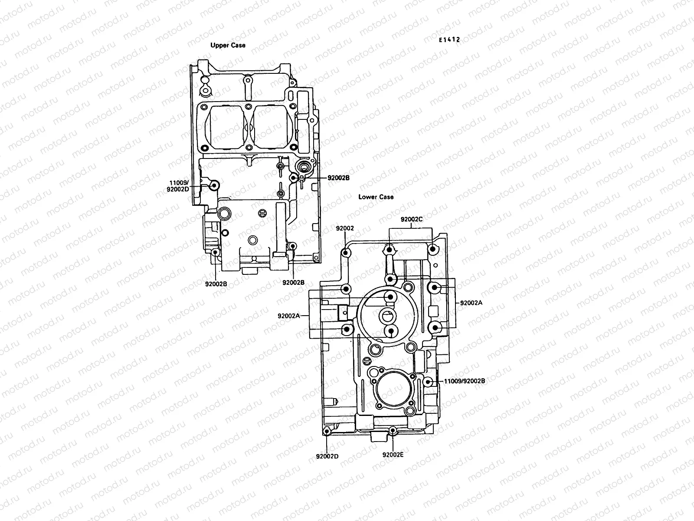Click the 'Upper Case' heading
pos(228,45)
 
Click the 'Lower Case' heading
pos(376,197)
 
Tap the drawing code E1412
pos(448,40)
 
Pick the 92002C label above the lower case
pos(411,219)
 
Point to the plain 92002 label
pos(345,228)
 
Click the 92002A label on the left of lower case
pos(289,316)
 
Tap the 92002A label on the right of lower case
pos(471,303)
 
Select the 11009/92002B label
pos(464,381)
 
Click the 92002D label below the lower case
pos(327,456)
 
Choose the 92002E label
pos(393,455)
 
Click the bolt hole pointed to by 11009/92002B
pos(428,382)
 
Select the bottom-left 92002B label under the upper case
pos(216,284)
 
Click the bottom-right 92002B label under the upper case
pos(293,282)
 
